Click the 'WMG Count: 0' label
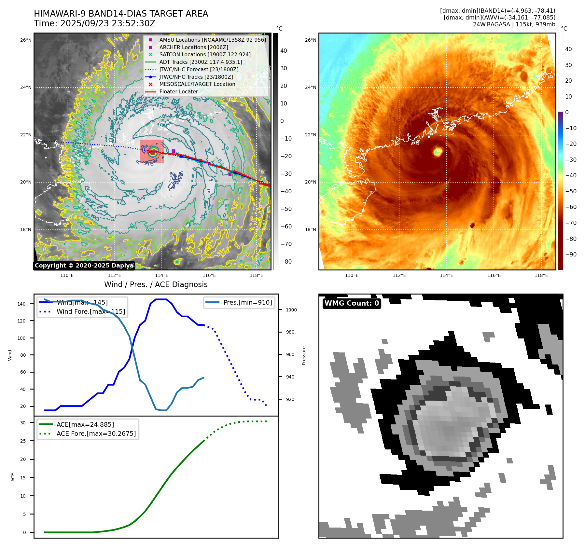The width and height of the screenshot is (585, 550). (x=352, y=303)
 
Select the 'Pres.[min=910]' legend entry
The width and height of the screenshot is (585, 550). (x=247, y=302)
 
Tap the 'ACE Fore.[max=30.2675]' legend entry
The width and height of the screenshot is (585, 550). (x=96, y=433)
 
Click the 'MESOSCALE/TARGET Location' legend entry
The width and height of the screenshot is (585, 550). (x=197, y=84)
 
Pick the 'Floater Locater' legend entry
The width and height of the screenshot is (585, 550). (x=178, y=91)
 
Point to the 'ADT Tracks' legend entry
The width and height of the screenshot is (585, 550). (x=201, y=62)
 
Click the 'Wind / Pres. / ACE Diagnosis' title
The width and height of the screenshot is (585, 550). (x=156, y=284)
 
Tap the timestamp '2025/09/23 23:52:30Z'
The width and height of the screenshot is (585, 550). (x=107, y=24)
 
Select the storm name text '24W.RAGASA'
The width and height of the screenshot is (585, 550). (x=491, y=24)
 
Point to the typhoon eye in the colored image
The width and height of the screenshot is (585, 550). (x=438, y=151)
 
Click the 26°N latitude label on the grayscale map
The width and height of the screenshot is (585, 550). (x=26, y=40)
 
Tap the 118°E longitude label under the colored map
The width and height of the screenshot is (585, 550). (x=541, y=275)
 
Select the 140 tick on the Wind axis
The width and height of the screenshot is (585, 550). (x=21, y=304)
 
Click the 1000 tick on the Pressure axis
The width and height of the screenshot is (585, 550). (x=291, y=310)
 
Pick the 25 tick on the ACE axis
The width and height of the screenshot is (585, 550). (x=23, y=441)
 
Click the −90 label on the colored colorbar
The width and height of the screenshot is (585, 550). (x=571, y=254)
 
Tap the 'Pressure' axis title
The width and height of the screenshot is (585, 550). (x=304, y=355)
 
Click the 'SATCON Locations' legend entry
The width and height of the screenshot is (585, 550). (x=205, y=54)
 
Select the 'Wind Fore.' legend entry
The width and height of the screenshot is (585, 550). (x=91, y=311)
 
